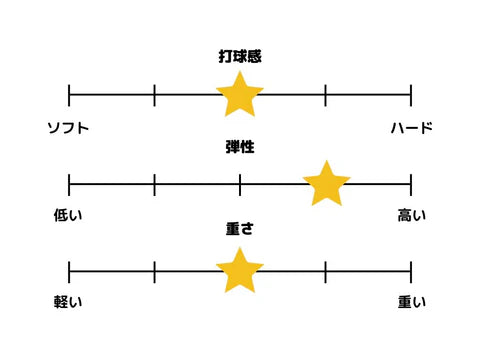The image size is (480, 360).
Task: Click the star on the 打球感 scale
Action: pyautogui.click(x=240, y=95)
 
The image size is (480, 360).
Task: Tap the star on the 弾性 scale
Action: pyautogui.click(x=326, y=184)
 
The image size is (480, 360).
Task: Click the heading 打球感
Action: pyautogui.click(x=240, y=57)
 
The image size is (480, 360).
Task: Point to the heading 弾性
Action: pyautogui.click(x=240, y=147)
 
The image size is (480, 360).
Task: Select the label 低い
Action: pyautogui.click(x=68, y=215)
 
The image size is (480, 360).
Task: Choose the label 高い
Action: pyautogui.click(x=411, y=215)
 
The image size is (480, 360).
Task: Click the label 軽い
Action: pyautogui.click(x=68, y=302)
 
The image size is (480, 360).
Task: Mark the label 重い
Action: pyautogui.click(x=411, y=302)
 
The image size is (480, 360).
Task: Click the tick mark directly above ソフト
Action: pyautogui.click(x=69, y=96)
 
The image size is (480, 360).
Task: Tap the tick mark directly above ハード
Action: pyautogui.click(x=411, y=96)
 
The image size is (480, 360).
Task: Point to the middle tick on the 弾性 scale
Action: pyautogui.click(x=240, y=184)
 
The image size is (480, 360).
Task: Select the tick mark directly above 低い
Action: pyautogui.click(x=69, y=184)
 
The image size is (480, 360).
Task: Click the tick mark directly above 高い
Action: pyautogui.click(x=411, y=184)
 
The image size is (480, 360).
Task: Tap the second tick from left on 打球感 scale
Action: pyautogui.click(x=155, y=96)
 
